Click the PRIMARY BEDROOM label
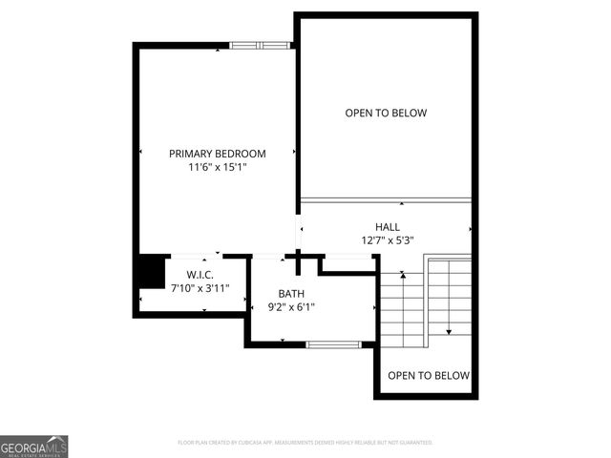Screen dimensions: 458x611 coord(218,154)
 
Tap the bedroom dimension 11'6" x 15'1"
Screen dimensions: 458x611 coord(218,168)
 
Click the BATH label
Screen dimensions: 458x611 coord(291,293)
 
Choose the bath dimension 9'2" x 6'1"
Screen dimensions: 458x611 coord(290,307)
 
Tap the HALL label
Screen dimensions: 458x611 coord(387,226)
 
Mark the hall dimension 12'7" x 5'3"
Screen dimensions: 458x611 coord(387,240)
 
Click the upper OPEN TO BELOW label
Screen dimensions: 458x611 coord(386,114)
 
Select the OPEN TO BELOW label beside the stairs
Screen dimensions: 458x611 coord(429,375)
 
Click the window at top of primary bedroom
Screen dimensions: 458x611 coord(260,44)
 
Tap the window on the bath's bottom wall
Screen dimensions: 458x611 coord(333,343)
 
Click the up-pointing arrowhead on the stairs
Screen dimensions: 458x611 coord(404,276)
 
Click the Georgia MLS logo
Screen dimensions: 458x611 coord(34,447)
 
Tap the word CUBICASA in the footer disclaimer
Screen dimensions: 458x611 coord(271,443)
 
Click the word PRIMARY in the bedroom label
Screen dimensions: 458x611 coord(189,154)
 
